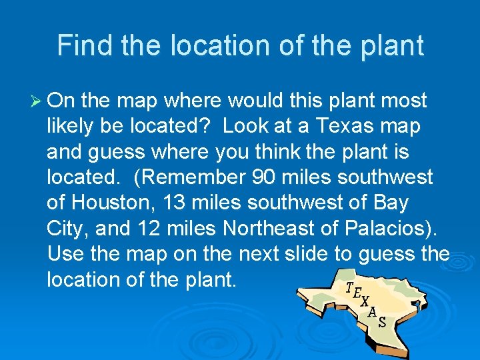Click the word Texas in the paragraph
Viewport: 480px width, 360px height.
coord(346,127)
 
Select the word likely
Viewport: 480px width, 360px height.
coord(70,127)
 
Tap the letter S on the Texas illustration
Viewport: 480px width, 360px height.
coord(382,323)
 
